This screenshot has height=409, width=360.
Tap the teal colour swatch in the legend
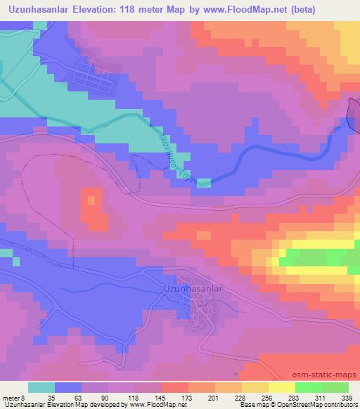(41, 387)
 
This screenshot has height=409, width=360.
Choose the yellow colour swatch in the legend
(281, 387)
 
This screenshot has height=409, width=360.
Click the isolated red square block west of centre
(93, 208)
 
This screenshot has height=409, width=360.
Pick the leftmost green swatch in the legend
(308, 387)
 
